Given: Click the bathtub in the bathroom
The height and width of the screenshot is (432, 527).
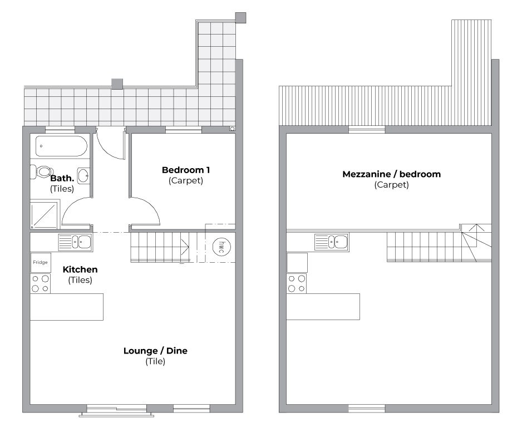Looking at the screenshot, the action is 62,146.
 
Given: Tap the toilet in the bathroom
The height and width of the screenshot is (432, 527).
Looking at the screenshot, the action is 41,172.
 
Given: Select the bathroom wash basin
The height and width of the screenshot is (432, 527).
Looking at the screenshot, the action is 83,175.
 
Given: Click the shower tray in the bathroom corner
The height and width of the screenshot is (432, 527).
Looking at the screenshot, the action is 44,214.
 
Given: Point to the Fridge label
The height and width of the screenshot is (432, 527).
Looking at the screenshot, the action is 40,262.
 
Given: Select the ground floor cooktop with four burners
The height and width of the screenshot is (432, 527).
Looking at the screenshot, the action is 40,283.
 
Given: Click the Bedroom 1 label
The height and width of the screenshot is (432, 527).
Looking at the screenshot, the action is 186,170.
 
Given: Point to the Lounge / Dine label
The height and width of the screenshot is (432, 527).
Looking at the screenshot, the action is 155,351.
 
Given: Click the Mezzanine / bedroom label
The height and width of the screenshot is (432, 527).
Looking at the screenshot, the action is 392,174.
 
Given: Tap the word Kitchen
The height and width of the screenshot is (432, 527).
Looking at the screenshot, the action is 80,269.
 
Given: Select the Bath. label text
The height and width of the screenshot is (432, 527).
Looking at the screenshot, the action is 62,178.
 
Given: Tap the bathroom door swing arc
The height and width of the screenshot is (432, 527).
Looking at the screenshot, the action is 70,206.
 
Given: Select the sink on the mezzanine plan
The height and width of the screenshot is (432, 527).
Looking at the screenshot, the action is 331,242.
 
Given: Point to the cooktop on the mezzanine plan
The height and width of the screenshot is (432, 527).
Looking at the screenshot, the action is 297,283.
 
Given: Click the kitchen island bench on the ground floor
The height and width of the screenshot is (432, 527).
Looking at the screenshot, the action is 67,307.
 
